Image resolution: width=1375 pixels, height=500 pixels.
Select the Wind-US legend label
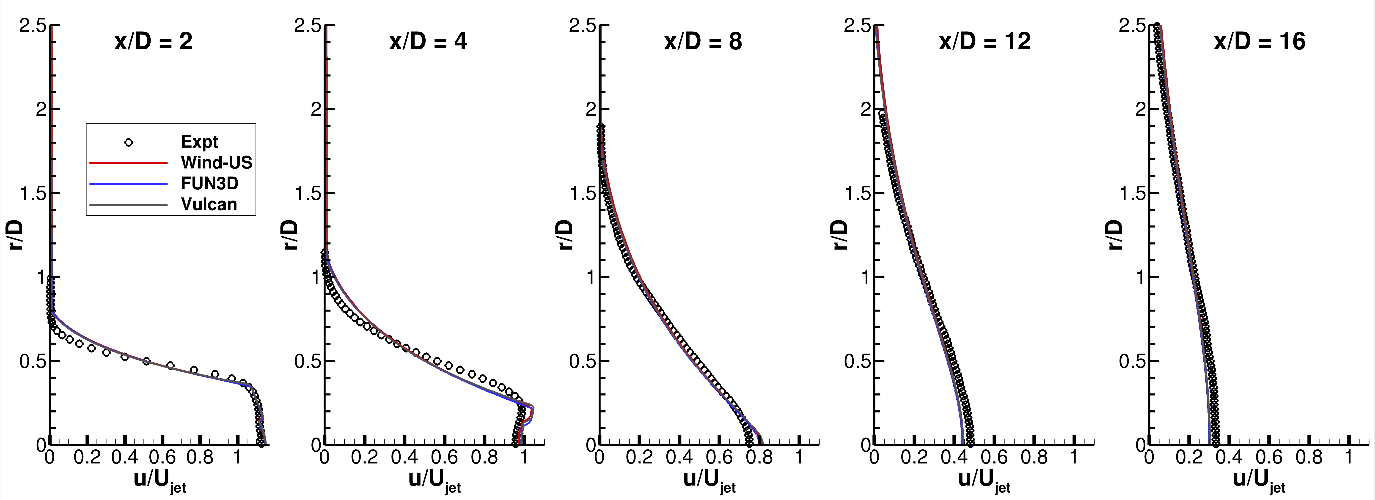pyautogui.click(x=216, y=163)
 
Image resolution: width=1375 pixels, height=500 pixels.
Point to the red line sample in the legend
pyautogui.click(x=129, y=163)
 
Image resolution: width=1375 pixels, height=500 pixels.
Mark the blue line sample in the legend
pyautogui.click(x=129, y=184)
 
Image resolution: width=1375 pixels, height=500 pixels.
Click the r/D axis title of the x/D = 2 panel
pyautogui.click(x=16, y=235)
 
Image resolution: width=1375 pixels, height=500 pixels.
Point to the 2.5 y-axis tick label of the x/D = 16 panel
pyautogui.click(x=1133, y=26)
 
